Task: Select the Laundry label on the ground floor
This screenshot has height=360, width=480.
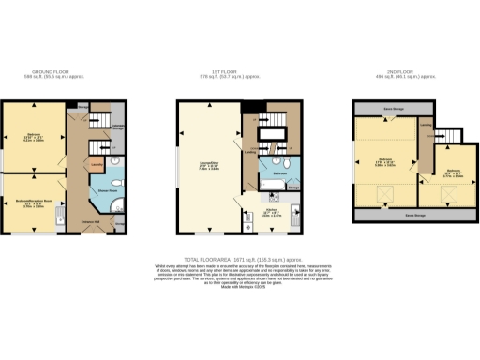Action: (97, 161)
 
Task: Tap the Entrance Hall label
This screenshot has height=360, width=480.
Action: (92, 221)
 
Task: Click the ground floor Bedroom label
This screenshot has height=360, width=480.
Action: (34, 134)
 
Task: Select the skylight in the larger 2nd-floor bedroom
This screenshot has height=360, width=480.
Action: (383, 194)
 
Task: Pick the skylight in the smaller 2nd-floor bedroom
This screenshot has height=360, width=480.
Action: (447, 194)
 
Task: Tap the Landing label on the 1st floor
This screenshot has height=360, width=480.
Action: (250, 150)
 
